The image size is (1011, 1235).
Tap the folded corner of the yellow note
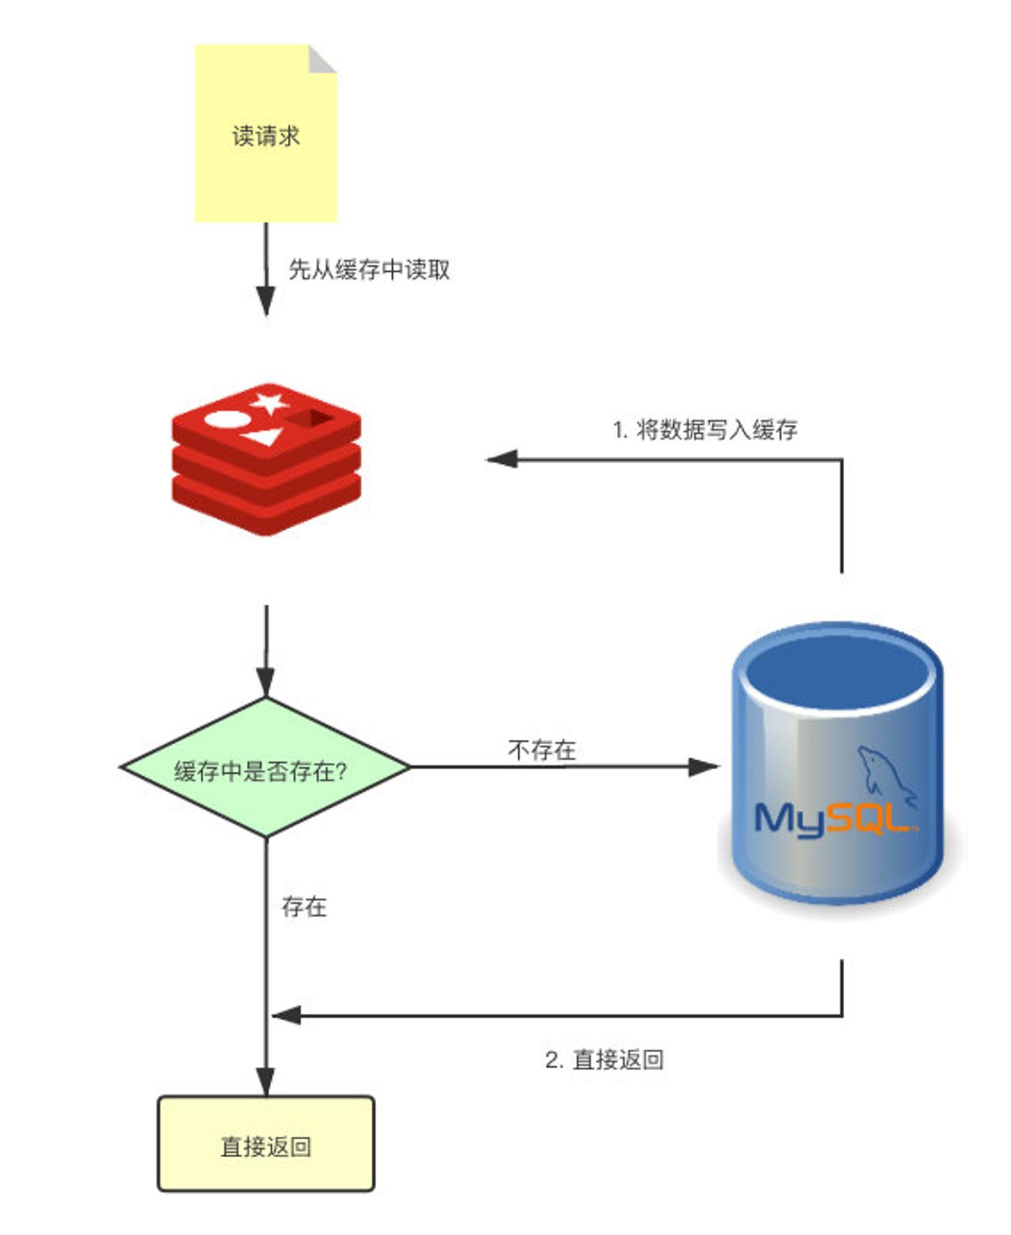[321, 59]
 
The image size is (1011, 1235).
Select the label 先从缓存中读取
[369, 269]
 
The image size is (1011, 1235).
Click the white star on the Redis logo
[269, 403]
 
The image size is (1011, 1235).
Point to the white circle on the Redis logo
[227, 420]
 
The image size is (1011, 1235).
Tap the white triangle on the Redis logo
[260, 437]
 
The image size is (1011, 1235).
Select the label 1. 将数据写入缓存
[705, 429]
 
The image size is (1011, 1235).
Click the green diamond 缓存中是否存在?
[266, 768]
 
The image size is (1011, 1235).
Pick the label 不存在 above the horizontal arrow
[542, 750]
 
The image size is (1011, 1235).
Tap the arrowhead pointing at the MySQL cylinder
[704, 767]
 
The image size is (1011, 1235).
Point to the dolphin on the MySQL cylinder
[884, 775]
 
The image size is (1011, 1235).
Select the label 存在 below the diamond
[304, 906]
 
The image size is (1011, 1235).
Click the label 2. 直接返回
[604, 1059]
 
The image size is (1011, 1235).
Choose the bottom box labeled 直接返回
[266, 1144]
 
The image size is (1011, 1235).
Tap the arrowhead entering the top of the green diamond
[266, 682]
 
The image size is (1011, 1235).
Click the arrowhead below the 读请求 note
[266, 301]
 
